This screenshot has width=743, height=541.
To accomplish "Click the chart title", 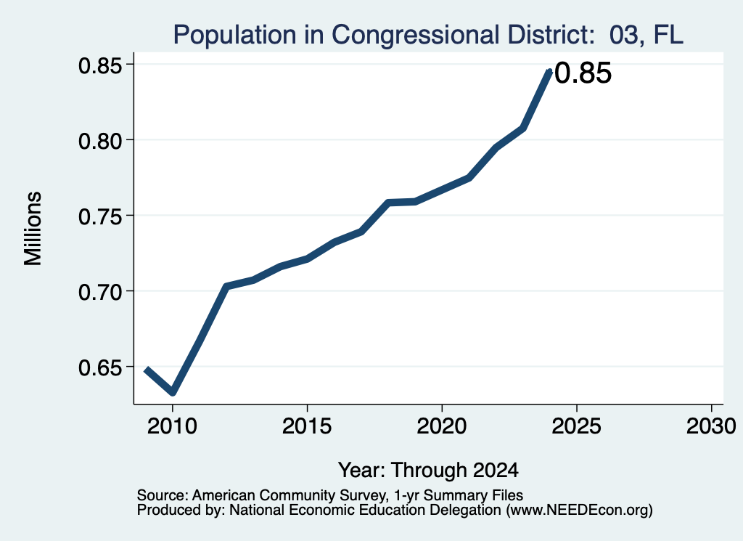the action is [x=428, y=35].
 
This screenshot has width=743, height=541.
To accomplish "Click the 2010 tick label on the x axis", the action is [x=172, y=426].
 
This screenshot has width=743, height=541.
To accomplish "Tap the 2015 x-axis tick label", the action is [x=307, y=426].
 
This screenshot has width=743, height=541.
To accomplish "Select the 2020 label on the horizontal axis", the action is [x=442, y=426].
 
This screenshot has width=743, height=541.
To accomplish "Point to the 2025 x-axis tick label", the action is [x=577, y=426].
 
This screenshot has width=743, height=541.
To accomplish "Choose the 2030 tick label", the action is [x=711, y=426].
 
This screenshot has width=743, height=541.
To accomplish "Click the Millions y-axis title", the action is [x=33, y=228].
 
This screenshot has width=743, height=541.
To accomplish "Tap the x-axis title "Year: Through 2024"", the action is [x=428, y=470].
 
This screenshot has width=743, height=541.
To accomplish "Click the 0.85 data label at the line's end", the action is [x=583, y=73].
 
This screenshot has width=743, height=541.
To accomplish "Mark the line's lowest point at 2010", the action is [x=173, y=392].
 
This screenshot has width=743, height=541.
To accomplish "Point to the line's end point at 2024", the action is [x=549, y=72].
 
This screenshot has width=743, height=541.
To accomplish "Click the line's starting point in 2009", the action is [x=147, y=369].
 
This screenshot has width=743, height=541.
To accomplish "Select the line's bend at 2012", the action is [x=226, y=286].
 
